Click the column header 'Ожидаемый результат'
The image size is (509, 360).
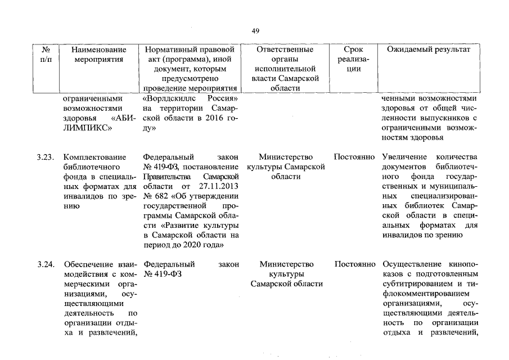pos(429,49)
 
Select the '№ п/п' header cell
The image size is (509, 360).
pos(46,55)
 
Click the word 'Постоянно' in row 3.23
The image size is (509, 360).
pos(354,156)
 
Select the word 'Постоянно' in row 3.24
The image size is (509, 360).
pos(354,264)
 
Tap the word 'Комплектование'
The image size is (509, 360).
pos(94,156)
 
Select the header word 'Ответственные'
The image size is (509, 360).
pos(284,49)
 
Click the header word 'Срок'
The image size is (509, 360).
pos(353,49)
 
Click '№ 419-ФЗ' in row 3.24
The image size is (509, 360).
pos(163,274)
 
